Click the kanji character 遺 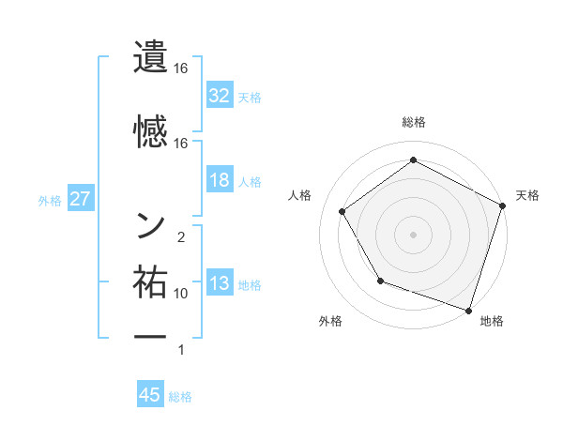[x=151, y=56]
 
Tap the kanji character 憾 [x=151, y=130]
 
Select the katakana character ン [x=151, y=224]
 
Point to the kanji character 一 [x=151, y=337]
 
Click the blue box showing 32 [x=220, y=95]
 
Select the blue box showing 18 [x=220, y=180]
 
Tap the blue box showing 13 [x=220, y=283]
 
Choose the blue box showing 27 [x=80, y=199]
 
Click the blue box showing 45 [x=150, y=395]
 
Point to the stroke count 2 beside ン [x=181, y=237]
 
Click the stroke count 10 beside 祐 [x=181, y=294]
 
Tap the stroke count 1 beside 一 [x=181, y=350]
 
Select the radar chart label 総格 [x=414, y=122]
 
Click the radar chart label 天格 [x=527, y=195]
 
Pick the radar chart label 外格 [x=330, y=322]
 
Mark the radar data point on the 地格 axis [x=468, y=309]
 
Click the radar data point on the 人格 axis [x=342, y=211]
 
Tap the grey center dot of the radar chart [x=414, y=234]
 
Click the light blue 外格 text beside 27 [x=50, y=200]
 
